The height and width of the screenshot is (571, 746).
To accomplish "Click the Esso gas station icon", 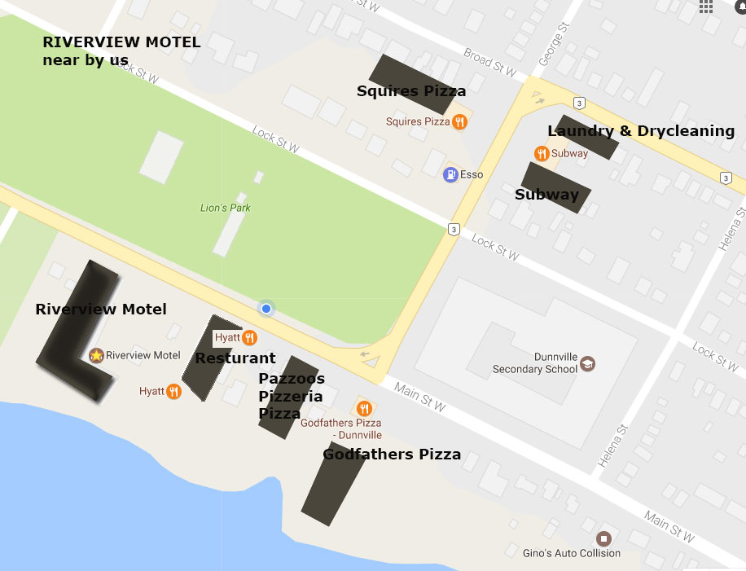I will point(450,174).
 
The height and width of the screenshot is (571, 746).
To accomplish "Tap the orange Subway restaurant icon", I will point(541,153).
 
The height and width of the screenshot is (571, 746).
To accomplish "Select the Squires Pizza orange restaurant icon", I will point(460,122).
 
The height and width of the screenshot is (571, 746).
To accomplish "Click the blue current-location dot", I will point(265,308).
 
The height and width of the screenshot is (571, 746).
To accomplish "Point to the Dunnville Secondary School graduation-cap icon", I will point(587,363).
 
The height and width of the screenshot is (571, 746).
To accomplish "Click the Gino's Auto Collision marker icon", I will point(603,538).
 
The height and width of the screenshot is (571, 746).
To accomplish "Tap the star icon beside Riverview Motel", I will point(96,355).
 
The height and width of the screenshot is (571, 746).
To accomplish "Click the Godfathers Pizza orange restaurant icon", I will point(364,408).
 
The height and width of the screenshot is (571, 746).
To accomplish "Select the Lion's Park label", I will point(226,208).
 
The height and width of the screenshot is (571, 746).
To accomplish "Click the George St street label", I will point(551,51).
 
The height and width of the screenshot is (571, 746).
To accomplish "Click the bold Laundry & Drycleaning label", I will point(641,131).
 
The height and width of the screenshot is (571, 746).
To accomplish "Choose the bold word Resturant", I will point(235,358).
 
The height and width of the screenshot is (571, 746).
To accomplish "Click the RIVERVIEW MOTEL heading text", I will point(121,42).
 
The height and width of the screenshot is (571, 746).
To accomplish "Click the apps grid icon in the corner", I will point(706,7).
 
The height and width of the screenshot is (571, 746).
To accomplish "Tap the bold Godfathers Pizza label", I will point(392,455).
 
